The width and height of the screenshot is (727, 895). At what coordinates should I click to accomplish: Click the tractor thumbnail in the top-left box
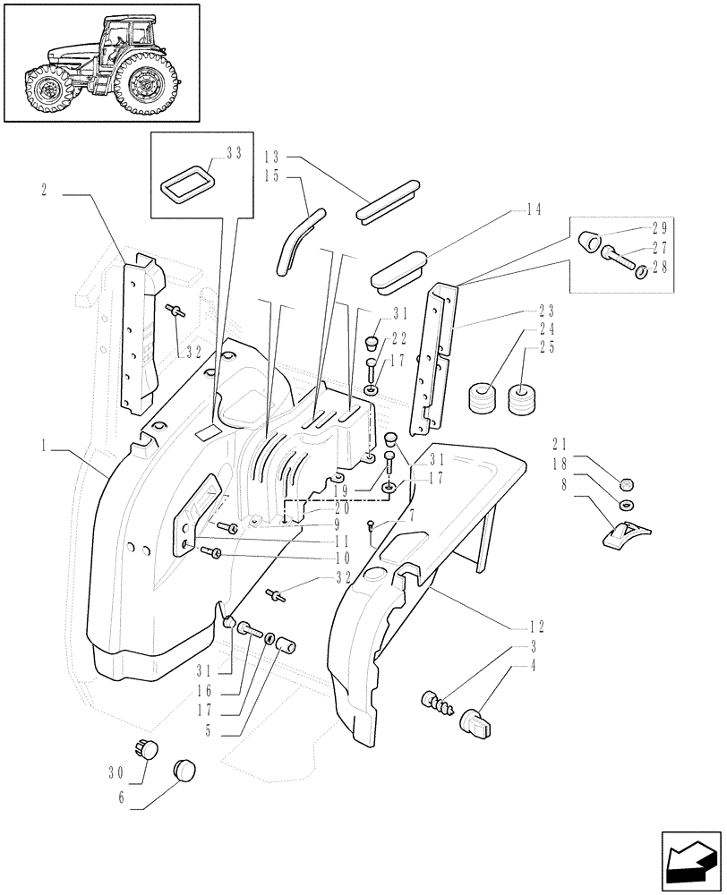(100, 62)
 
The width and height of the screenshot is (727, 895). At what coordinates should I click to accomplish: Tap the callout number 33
(234, 154)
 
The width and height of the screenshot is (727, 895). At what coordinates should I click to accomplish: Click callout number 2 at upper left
(44, 190)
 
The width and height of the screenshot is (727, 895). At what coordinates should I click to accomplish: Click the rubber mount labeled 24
(483, 397)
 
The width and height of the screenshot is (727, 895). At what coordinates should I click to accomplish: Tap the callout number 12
(562, 626)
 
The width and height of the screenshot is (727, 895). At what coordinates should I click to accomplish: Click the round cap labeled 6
(183, 769)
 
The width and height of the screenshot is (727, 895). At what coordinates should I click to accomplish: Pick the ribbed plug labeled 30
(146, 748)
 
